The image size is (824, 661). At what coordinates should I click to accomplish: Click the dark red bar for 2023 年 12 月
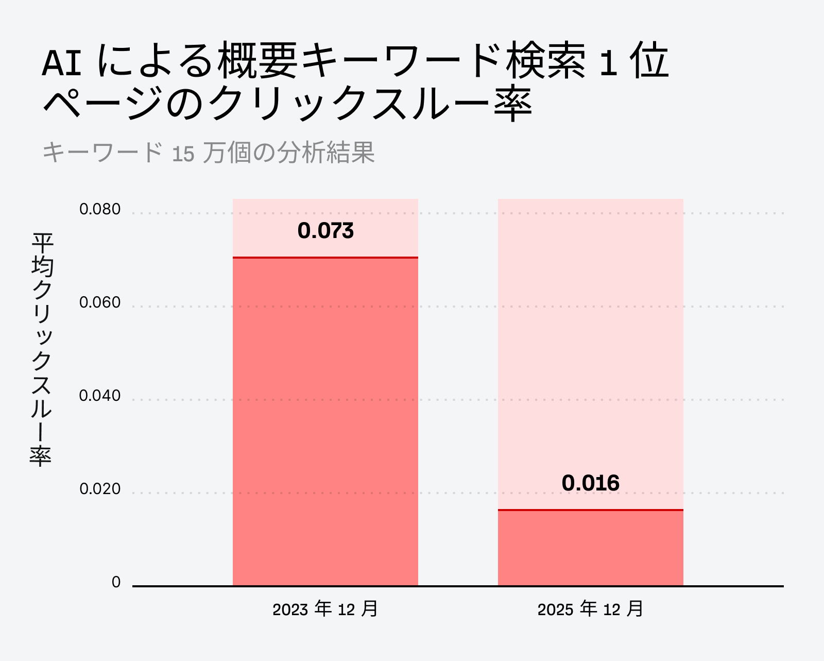pyautogui.click(x=325, y=421)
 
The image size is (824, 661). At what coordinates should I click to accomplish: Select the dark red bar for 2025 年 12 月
pyautogui.click(x=590, y=548)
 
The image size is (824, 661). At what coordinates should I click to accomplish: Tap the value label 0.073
pyautogui.click(x=325, y=231)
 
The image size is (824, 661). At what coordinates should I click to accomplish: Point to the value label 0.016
pyautogui.click(x=590, y=483)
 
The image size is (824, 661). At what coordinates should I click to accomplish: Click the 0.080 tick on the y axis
pyautogui.click(x=100, y=209)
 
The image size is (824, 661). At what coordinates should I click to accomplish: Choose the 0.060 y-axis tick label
pyautogui.click(x=100, y=302)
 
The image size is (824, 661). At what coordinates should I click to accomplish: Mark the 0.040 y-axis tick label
pyautogui.click(x=100, y=396)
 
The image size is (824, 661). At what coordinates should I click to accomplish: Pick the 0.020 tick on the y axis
pyautogui.click(x=100, y=489)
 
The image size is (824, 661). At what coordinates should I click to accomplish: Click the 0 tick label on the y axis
pyautogui.click(x=116, y=582)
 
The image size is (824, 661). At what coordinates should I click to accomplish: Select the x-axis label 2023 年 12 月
pyautogui.click(x=325, y=609)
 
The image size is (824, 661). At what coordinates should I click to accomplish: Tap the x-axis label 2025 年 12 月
pyautogui.click(x=590, y=609)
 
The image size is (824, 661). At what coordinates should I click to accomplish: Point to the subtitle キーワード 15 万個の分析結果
pyautogui.click(x=208, y=152)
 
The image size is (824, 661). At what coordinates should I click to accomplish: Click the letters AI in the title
pyautogui.click(x=62, y=63)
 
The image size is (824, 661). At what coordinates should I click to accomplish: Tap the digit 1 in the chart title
pyautogui.click(x=608, y=63)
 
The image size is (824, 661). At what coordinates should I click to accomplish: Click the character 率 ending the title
pyautogui.click(x=512, y=103)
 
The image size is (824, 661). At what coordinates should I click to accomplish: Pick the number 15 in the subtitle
pyautogui.click(x=183, y=154)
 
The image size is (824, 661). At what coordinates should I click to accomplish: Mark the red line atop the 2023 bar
pyautogui.click(x=325, y=257)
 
